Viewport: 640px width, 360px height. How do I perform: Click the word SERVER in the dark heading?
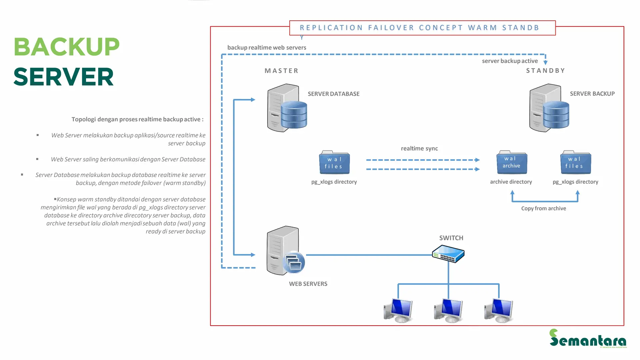pos(64,77)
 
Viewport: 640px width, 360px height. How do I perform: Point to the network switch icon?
pos(448,254)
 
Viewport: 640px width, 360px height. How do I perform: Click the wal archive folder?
pos(512,162)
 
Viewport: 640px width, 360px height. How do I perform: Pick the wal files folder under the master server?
pos(334,163)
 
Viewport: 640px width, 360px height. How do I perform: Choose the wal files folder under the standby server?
pos(575,163)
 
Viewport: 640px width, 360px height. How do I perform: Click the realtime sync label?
pos(419,149)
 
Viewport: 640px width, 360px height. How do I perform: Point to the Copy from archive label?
pos(543,209)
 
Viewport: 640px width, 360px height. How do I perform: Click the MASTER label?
pos(281,71)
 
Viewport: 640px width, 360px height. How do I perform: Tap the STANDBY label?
pos(545,71)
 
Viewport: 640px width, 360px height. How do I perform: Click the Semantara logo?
pos(588,339)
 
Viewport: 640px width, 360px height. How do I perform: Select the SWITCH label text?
pos(451,238)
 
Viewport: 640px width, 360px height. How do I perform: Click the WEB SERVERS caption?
pos(308,284)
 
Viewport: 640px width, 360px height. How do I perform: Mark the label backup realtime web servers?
pos(267,48)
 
